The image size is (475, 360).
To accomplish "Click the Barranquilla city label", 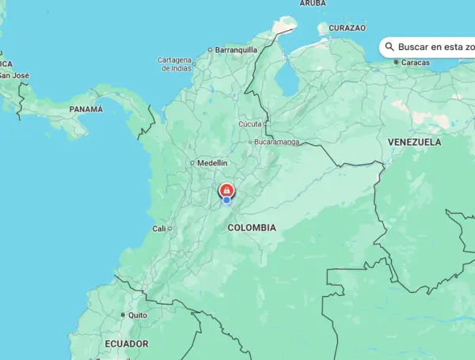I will pyautogui.click(x=237, y=49).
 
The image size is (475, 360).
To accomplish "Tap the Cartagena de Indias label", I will pyautogui.click(x=174, y=64).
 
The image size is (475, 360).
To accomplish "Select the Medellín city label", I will pyautogui.click(x=211, y=163).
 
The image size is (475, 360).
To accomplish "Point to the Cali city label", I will pyautogui.click(x=159, y=229).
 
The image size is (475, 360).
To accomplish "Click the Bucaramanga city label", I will pyautogui.click(x=277, y=142).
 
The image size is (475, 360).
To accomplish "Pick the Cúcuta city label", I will pyautogui.click(x=249, y=124).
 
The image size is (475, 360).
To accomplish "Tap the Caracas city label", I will pyautogui.click(x=416, y=63).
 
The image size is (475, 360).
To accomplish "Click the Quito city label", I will pyautogui.click(x=138, y=314).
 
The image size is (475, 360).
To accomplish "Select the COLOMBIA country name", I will pyautogui.click(x=252, y=228).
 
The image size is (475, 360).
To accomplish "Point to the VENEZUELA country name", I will pyautogui.click(x=414, y=142).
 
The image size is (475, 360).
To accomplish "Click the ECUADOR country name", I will pyautogui.click(x=126, y=344).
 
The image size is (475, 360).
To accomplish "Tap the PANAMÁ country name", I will pyautogui.click(x=86, y=108).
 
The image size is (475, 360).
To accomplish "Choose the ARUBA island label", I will pyautogui.click(x=312, y=4).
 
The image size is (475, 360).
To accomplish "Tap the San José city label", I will pyautogui.click(x=13, y=76).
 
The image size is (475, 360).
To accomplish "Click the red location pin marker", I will pyautogui.click(x=226, y=190).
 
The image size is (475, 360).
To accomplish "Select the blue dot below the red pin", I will pyautogui.click(x=226, y=200).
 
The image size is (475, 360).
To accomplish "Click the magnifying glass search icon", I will pyautogui.click(x=389, y=47).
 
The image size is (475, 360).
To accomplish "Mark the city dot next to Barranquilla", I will pyautogui.click(x=210, y=50).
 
